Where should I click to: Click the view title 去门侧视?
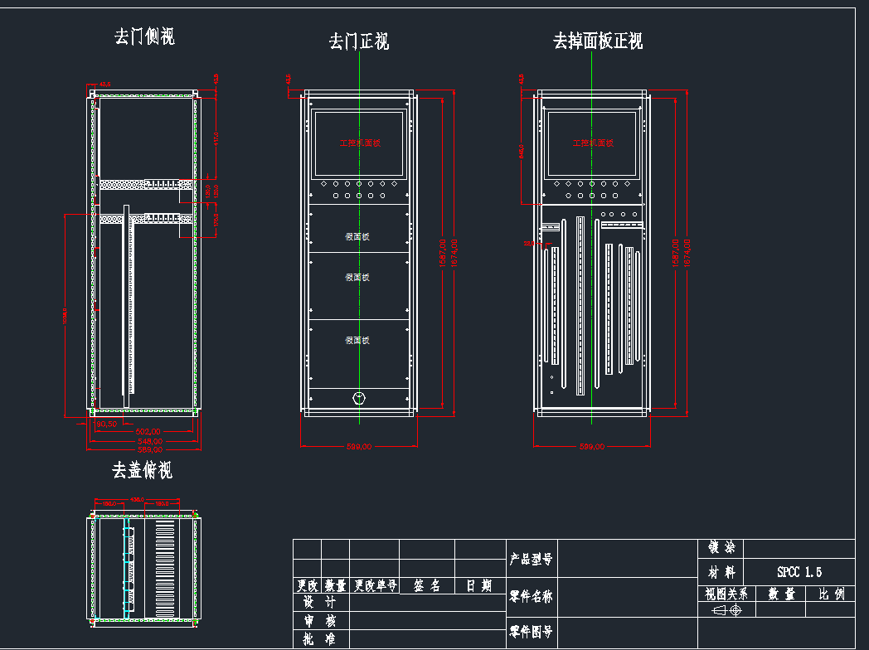[x=145, y=36]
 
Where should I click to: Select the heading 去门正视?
[x=359, y=41]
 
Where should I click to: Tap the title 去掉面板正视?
[x=598, y=41]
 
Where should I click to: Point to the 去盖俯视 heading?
[x=143, y=471]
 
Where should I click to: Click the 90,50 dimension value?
[x=106, y=424]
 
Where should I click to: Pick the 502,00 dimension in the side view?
[x=148, y=432]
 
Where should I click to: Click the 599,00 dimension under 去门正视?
[x=358, y=447]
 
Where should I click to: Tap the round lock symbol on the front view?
[x=358, y=398]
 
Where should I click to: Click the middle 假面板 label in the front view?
[x=357, y=278]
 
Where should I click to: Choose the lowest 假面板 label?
[x=357, y=340]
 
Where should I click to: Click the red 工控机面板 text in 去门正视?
[x=360, y=143]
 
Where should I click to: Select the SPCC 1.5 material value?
[x=799, y=572]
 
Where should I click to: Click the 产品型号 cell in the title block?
[x=531, y=560]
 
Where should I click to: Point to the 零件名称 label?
[x=531, y=596]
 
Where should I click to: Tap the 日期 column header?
[x=478, y=586]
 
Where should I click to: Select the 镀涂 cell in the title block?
[x=721, y=548]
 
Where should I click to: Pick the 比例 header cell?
[x=830, y=594]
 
